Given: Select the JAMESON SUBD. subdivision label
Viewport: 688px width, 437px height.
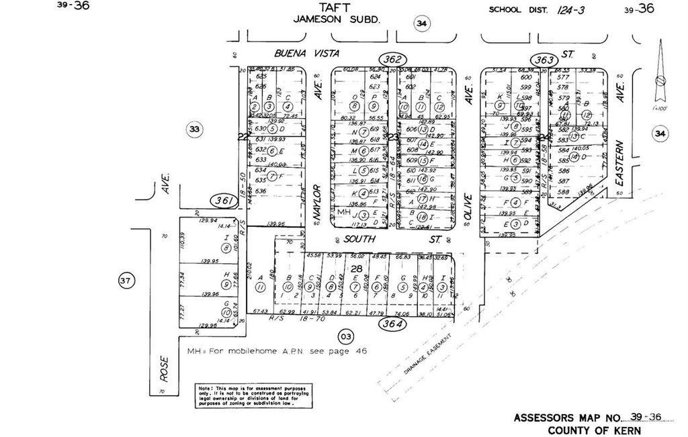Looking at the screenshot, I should click(x=337, y=19).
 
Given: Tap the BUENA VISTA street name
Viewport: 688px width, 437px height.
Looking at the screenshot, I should click(x=306, y=52).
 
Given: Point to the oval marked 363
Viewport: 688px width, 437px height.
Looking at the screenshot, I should click(x=545, y=60).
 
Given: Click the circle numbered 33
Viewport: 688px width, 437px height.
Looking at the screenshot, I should click(x=194, y=130).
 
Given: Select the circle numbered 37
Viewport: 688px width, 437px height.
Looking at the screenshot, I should click(x=126, y=281).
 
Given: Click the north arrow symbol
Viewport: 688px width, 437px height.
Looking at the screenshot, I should click(x=660, y=74).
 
